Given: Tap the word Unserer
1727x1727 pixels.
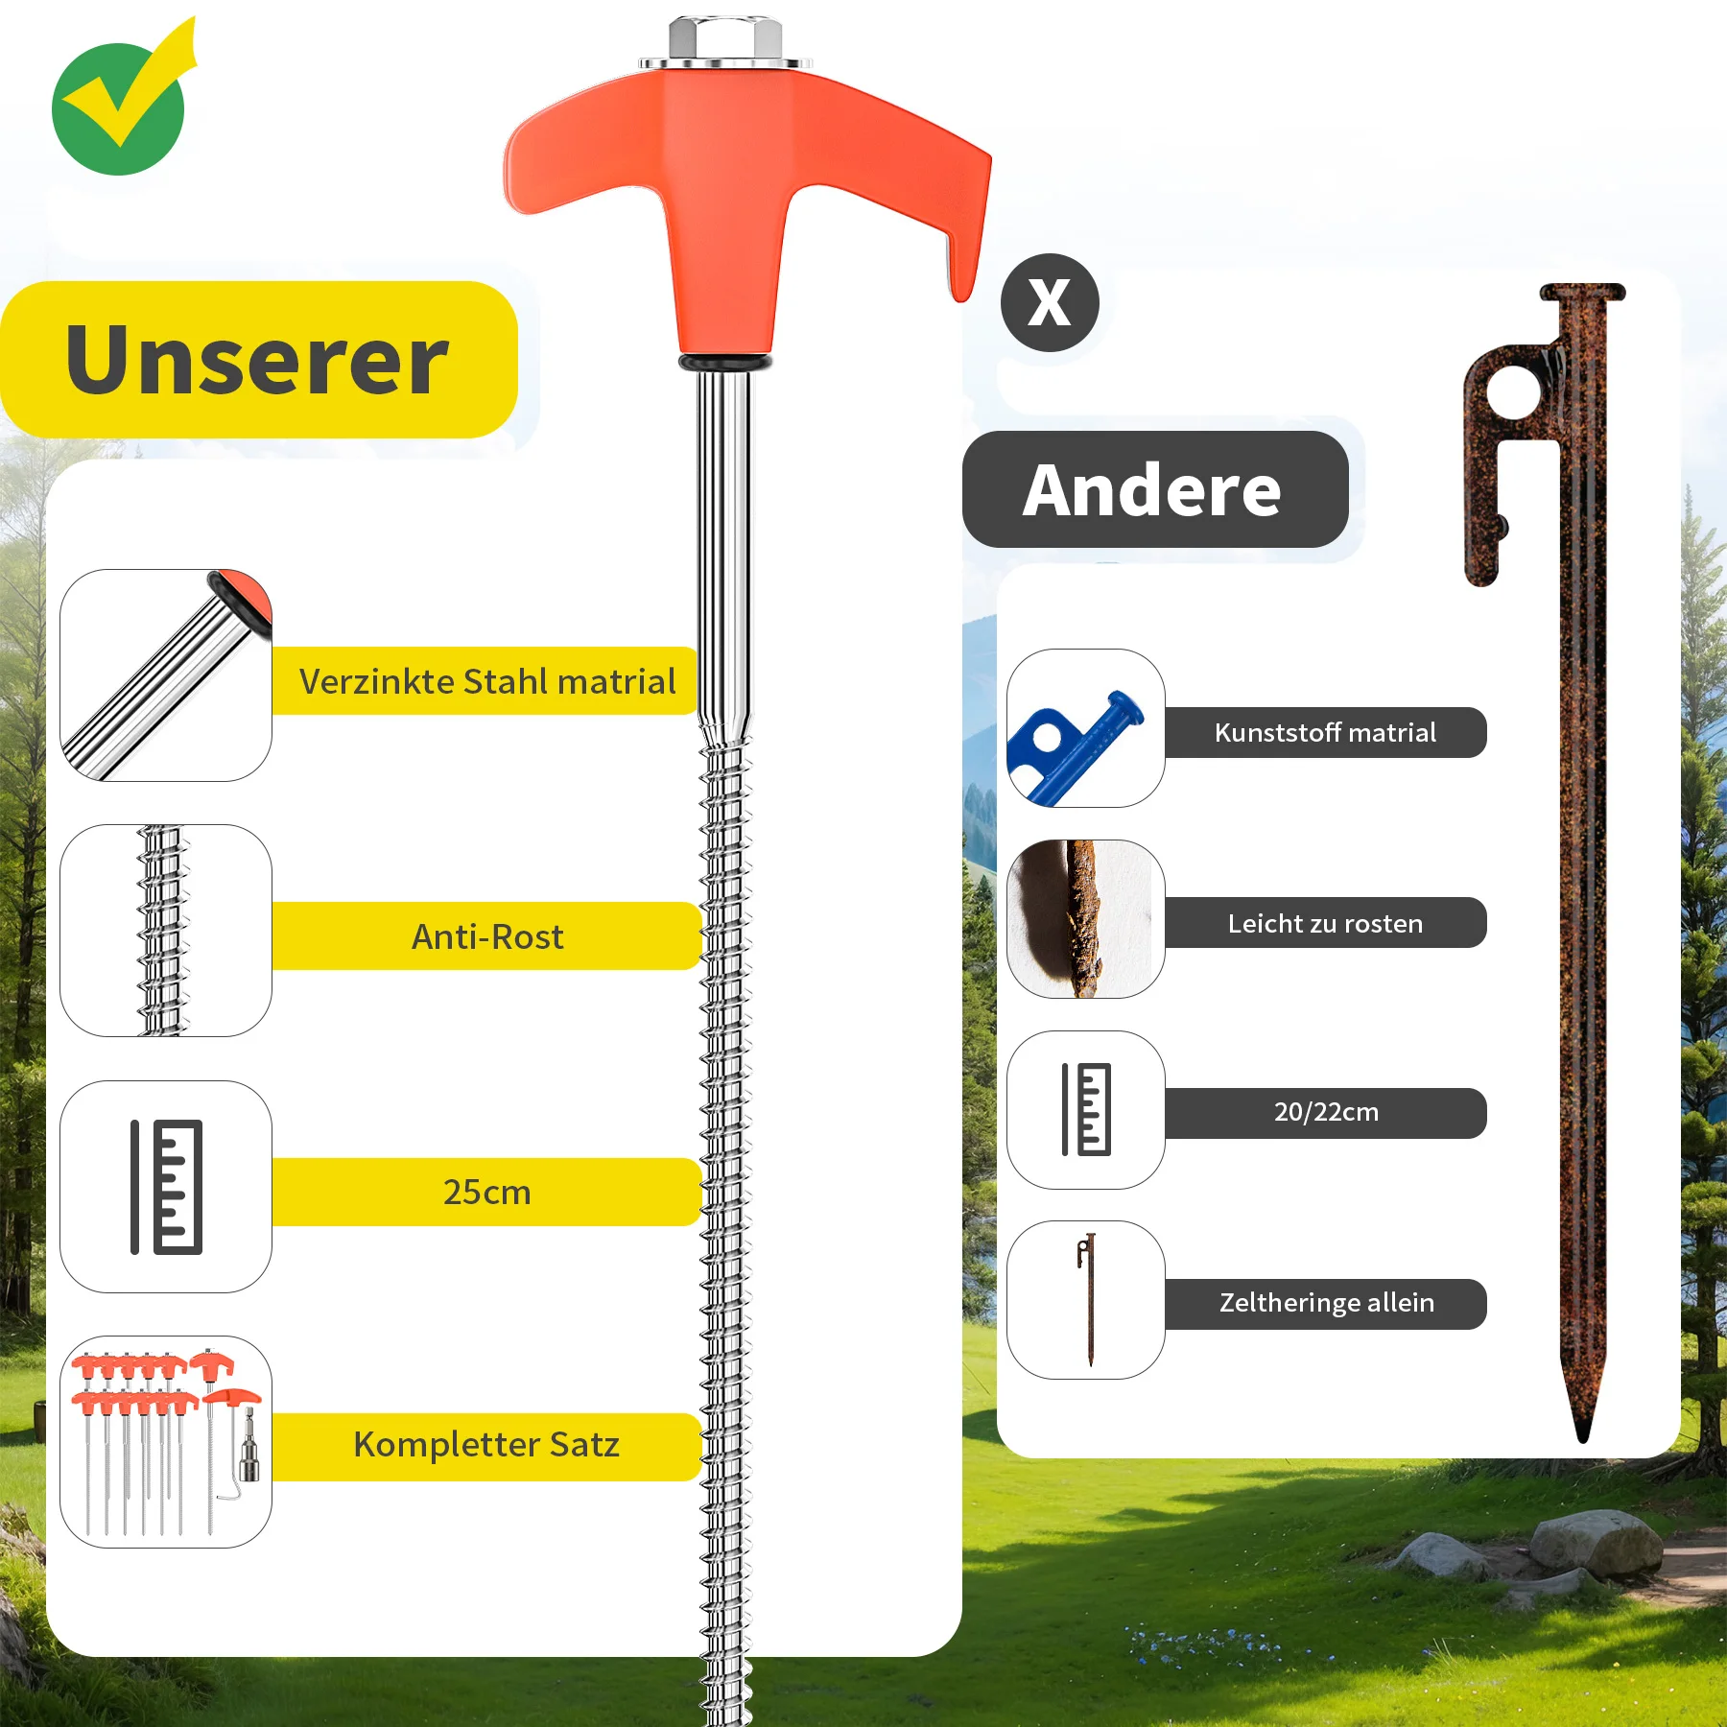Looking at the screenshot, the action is (x=257, y=360).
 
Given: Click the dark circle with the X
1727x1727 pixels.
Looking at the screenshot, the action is (x=1050, y=303).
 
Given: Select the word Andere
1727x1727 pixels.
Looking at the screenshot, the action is (x=1152, y=490).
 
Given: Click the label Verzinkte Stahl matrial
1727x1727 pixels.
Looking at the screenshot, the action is (x=487, y=681).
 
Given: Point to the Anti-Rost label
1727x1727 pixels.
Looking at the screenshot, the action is (x=487, y=936).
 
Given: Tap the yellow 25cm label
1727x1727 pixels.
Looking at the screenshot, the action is (x=487, y=1192).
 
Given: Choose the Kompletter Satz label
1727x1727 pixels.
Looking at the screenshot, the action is (x=487, y=1445).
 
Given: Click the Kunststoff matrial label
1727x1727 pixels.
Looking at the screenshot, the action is (x=1326, y=733).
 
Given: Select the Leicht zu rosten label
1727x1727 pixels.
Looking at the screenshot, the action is (x=1326, y=923).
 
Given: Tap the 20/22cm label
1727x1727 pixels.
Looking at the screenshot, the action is (x=1326, y=1113).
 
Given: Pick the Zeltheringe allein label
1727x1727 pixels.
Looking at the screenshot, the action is (x=1326, y=1303).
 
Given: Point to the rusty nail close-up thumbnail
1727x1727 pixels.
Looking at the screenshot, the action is (x=1086, y=919).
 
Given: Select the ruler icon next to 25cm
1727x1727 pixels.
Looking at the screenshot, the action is (x=167, y=1187).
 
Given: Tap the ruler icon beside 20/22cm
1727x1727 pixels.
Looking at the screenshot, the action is (x=1087, y=1110).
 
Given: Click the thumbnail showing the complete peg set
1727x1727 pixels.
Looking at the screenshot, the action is (x=166, y=1442).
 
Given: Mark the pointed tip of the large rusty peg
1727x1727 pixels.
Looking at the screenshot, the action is (x=1583, y=1439).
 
